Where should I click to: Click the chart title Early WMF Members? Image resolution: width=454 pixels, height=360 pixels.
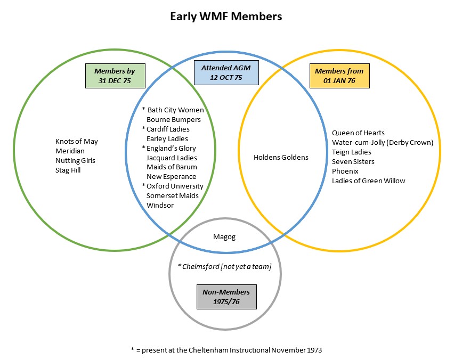[226, 17]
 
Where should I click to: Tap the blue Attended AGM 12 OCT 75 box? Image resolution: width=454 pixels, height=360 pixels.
[225, 72]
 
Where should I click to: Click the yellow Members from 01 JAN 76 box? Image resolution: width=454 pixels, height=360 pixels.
[339, 76]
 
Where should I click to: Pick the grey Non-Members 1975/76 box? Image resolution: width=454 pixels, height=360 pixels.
[225, 297]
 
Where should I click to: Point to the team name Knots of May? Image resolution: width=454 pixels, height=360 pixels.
[77, 141]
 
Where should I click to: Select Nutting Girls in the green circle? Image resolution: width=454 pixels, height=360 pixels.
[75, 160]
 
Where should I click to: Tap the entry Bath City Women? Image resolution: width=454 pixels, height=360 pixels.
[175, 110]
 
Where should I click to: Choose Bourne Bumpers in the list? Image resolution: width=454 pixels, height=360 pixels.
[174, 119]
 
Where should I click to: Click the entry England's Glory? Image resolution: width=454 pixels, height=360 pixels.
[172, 148]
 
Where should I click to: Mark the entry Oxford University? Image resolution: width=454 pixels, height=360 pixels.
[175, 186]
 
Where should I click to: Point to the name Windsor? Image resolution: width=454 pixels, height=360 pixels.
[160, 205]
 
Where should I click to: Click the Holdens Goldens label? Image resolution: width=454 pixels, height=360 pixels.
[281, 157]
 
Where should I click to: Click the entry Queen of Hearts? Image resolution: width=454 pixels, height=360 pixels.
[358, 133]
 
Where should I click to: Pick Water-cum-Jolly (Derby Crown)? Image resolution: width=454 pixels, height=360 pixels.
[383, 142]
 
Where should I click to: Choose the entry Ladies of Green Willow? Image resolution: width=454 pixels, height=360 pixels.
[368, 181]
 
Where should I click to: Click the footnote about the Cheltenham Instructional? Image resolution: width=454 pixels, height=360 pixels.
[226, 350]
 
